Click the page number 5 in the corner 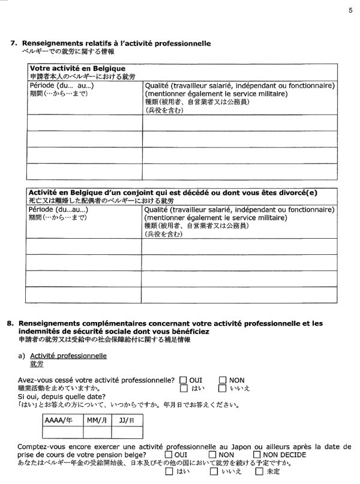tap(350, 10)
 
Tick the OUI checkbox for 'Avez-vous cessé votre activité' tap(184, 380)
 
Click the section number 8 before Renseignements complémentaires tap(10, 323)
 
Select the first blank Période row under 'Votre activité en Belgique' tap(83, 123)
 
